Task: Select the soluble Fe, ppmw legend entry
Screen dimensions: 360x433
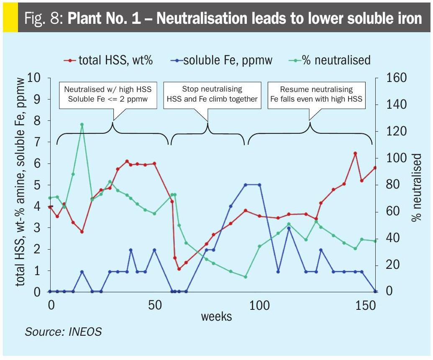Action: tap(222, 60)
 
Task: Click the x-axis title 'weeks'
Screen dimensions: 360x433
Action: tap(216, 316)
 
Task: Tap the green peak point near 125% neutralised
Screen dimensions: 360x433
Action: tap(82, 125)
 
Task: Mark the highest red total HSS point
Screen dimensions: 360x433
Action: tap(355, 153)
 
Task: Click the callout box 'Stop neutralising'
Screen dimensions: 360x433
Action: tap(212, 94)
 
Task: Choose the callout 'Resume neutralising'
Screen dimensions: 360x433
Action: tap(316, 94)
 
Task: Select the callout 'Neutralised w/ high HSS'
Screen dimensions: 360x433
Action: tap(108, 94)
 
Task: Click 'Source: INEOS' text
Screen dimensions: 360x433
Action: tap(63, 332)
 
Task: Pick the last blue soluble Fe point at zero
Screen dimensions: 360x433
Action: tap(375, 291)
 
